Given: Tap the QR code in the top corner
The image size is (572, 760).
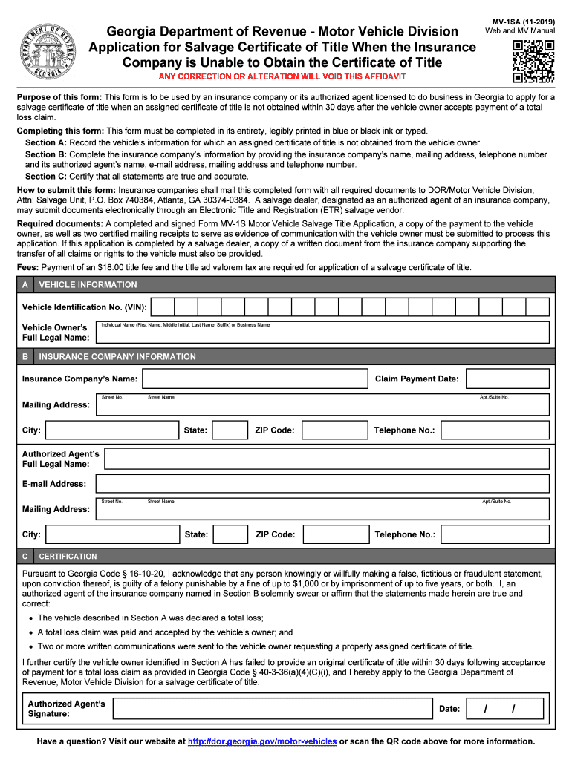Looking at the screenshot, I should tap(533, 62).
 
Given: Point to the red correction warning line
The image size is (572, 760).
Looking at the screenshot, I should tap(282, 78).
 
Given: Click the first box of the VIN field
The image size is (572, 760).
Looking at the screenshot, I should tap(163, 307).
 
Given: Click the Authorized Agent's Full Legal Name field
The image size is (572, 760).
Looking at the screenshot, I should tap(327, 459).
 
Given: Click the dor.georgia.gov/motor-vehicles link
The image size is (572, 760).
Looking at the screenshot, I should tap(263, 741).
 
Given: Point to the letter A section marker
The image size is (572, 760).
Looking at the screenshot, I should tap(26, 285).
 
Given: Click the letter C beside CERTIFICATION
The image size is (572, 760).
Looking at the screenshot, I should tap(26, 556).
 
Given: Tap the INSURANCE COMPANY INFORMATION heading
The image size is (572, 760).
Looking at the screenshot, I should tap(117, 357).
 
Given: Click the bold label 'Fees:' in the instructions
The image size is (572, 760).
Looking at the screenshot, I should tap(29, 267).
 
